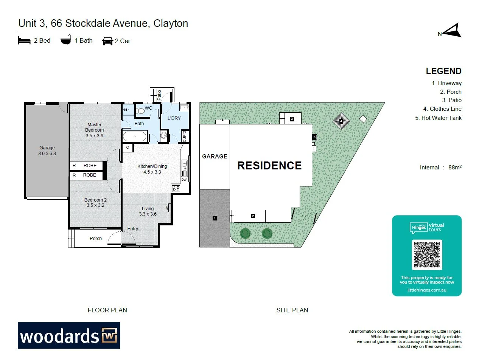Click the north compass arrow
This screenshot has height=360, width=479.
(452, 31)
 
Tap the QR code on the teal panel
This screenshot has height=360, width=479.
(427, 254)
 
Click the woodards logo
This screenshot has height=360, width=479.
(69, 335)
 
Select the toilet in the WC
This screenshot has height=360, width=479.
(140, 111)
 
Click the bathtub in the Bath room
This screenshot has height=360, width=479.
(134, 136)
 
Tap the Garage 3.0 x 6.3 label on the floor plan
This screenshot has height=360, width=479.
(47, 151)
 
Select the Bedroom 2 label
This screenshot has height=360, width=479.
(95, 203)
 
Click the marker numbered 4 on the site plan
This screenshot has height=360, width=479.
(341, 121)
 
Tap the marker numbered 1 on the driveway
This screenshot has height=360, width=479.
(215, 218)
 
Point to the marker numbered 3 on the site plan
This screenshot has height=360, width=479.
(292, 119)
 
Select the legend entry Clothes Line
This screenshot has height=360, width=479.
(442, 109)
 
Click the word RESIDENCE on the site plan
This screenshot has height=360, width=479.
(269, 166)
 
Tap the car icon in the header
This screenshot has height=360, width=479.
(107, 41)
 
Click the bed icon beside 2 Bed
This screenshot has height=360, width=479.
(24, 40)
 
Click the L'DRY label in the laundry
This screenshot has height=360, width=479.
(174, 118)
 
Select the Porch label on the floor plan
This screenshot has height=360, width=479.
(96, 239)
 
